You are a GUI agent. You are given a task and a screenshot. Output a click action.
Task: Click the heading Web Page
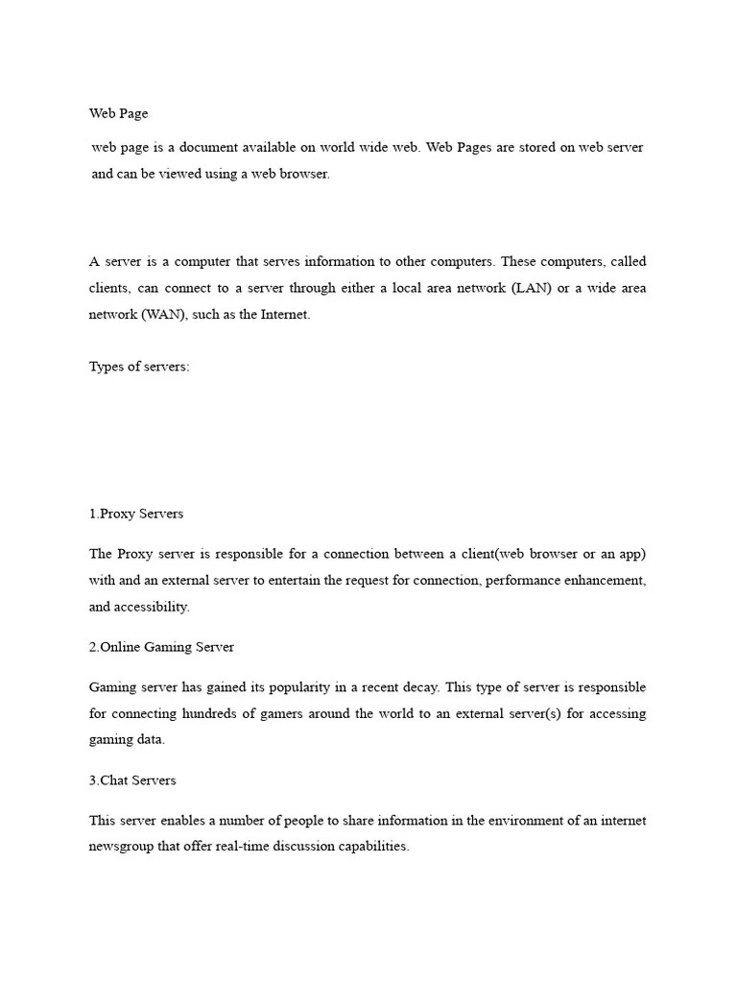tap(119, 113)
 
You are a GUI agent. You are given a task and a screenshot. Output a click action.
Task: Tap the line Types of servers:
tap(139, 368)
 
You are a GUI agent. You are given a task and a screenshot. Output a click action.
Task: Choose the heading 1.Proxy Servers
tap(136, 514)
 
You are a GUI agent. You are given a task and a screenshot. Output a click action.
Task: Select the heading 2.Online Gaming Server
tap(161, 647)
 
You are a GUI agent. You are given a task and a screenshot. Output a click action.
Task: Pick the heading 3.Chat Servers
tap(132, 780)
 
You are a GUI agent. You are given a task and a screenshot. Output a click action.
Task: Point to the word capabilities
tap(371, 848)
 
